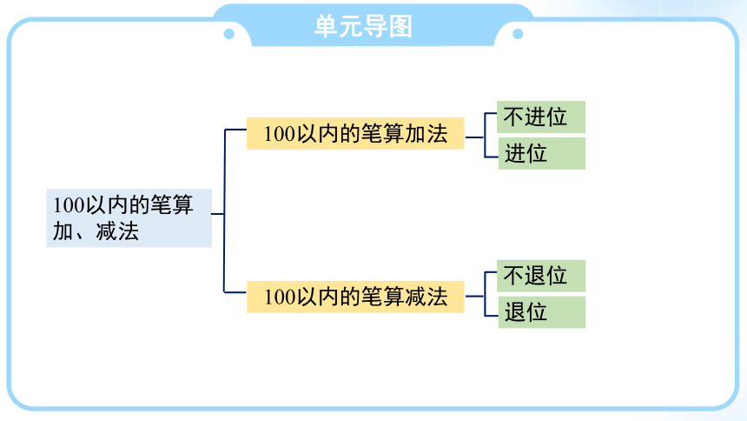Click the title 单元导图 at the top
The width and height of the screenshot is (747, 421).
363,26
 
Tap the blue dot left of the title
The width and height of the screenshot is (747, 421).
229,34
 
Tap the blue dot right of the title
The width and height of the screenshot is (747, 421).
518,34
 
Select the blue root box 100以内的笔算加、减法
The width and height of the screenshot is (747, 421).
129,218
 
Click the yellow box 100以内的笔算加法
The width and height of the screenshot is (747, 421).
355,134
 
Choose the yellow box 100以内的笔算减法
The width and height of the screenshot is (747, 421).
355,297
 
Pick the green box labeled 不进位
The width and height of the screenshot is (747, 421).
541,117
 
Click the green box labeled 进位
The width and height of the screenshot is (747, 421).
542,153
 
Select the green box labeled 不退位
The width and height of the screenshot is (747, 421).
541,276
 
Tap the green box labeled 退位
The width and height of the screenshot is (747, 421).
542,312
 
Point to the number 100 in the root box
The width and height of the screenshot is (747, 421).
69,206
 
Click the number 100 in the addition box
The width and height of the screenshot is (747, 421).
280,134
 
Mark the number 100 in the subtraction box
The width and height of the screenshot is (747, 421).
280,297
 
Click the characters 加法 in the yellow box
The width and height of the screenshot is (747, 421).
426,134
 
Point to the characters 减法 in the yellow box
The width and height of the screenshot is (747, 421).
426,297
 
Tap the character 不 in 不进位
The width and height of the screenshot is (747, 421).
513,117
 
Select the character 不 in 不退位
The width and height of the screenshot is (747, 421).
513,276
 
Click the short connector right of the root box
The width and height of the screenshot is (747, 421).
218,214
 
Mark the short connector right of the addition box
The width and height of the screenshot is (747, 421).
474,137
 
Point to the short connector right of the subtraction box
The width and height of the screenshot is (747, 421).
474,297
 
